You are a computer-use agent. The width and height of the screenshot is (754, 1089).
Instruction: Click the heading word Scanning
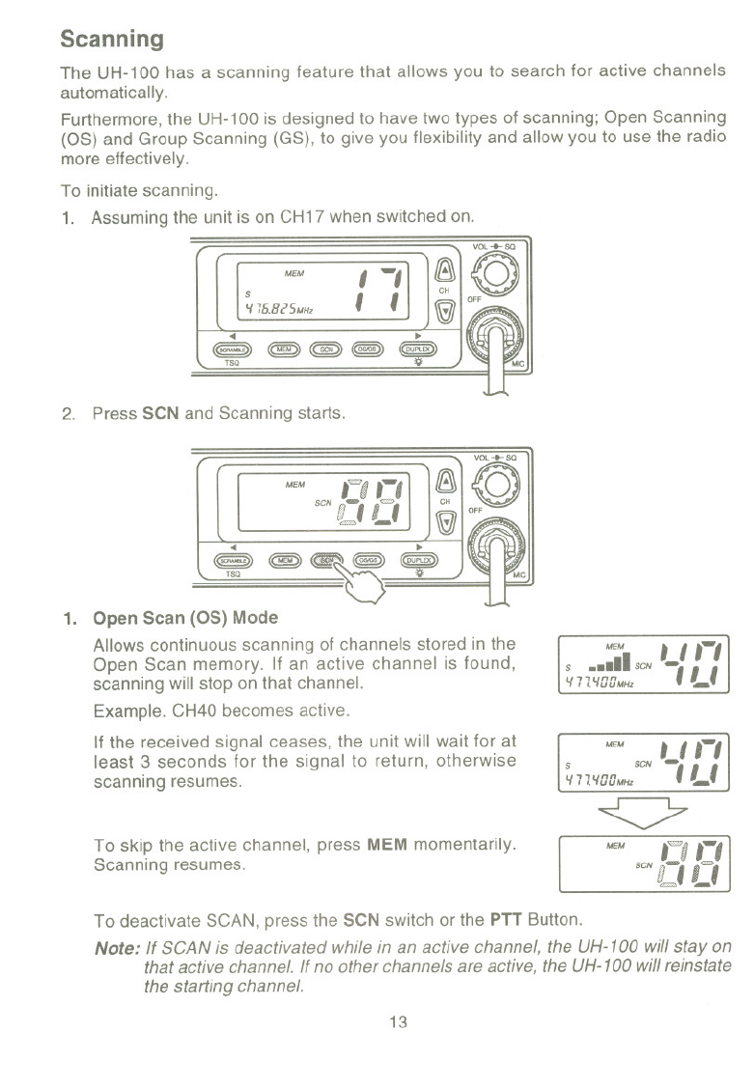point(111,40)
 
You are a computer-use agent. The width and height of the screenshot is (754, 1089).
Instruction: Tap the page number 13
point(396,1022)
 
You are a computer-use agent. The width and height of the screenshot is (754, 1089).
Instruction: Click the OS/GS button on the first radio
point(370,348)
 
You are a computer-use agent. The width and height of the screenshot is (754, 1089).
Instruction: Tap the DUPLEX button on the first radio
point(420,348)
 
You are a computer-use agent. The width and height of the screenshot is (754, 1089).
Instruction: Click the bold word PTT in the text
point(508,917)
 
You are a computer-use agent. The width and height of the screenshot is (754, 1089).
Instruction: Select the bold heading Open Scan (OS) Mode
point(185,619)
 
